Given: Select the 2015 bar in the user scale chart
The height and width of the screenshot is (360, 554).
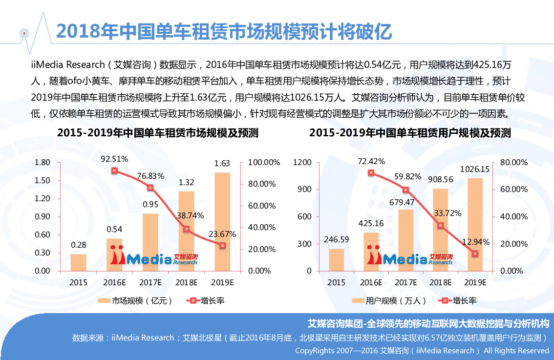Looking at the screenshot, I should click(x=336, y=259).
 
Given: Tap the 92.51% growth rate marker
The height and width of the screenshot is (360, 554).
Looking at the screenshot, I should click(x=114, y=170).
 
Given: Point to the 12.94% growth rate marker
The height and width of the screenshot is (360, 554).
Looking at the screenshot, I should click(x=474, y=254).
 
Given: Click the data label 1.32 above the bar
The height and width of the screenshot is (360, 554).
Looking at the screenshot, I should click(x=186, y=183).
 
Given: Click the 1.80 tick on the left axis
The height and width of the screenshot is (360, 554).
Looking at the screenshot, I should click(x=43, y=162).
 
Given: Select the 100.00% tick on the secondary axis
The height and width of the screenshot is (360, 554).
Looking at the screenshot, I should click(x=264, y=162).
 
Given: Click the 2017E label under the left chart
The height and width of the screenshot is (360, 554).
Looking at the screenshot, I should click(x=151, y=282).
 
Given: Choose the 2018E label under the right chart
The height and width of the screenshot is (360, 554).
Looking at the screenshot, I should click(x=440, y=282).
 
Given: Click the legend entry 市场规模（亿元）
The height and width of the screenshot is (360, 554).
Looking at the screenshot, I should click(x=136, y=301).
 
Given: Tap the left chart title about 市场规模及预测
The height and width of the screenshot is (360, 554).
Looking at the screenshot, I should click(x=158, y=133).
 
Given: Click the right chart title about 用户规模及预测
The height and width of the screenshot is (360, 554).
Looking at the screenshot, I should click(x=410, y=133).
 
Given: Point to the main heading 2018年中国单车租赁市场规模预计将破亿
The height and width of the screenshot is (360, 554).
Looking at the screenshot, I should click(x=224, y=31).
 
